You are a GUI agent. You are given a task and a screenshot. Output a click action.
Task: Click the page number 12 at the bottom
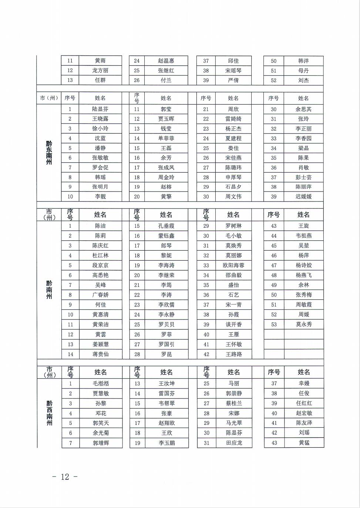pyautogui.click(x=65, y=477)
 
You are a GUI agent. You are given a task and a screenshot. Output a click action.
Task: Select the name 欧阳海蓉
pyautogui.click(x=233, y=265)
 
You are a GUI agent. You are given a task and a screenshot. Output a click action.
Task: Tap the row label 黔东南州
pyautogui.click(x=49, y=152)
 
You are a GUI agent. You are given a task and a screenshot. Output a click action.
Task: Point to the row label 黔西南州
pyautogui.click(x=49, y=413)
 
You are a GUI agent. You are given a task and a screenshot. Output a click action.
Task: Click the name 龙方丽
pyautogui.click(x=100, y=71)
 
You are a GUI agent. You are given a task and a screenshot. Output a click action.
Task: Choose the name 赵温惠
pyautogui.click(x=166, y=61)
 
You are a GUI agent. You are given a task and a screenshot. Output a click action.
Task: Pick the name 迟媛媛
pyautogui.click(x=303, y=197)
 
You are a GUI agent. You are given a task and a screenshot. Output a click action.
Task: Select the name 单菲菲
pyautogui.click(x=166, y=139)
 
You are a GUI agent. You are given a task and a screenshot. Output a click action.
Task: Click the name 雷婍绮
pyautogui.click(x=233, y=119)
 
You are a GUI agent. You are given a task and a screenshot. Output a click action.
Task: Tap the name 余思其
pyautogui.click(x=303, y=109)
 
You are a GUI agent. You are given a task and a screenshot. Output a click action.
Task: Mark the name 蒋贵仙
pyautogui.click(x=100, y=354)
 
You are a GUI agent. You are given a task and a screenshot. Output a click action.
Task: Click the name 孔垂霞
pyautogui.click(x=166, y=226)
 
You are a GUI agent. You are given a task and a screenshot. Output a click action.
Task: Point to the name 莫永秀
pyautogui.click(x=303, y=324)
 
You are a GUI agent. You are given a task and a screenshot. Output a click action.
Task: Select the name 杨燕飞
pyautogui.click(x=303, y=275)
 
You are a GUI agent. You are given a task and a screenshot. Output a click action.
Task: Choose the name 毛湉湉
pyautogui.click(x=101, y=384)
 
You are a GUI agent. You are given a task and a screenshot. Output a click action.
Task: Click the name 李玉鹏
pyautogui.click(x=166, y=443)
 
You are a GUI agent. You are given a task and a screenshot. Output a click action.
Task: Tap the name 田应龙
pyautogui.click(x=234, y=443)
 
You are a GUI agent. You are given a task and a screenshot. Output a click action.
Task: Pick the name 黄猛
pyautogui.click(x=304, y=443)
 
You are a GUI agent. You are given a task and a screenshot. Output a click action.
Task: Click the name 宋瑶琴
pyautogui.click(x=233, y=71)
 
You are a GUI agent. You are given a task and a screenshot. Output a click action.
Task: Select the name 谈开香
pyautogui.click(x=233, y=324)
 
